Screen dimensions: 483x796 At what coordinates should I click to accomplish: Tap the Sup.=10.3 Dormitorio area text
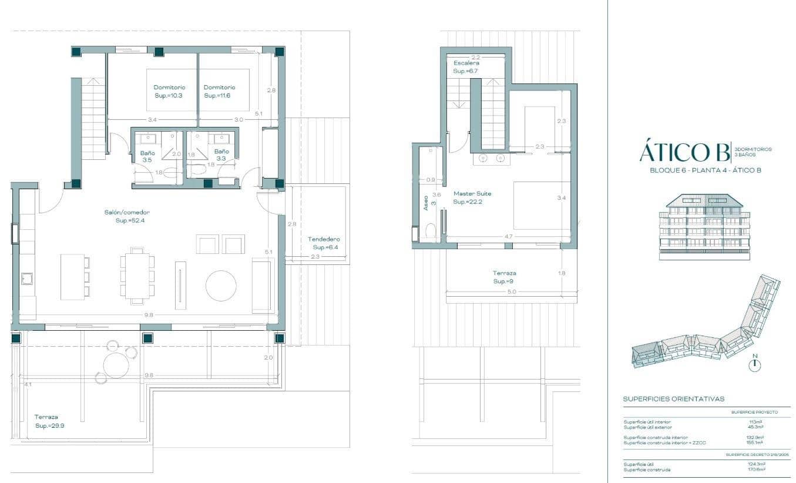tap(169, 95)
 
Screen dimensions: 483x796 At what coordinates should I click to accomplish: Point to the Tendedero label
tap(324, 239)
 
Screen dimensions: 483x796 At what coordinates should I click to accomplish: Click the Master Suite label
tap(472, 193)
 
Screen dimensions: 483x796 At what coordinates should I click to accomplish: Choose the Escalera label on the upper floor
tap(466, 63)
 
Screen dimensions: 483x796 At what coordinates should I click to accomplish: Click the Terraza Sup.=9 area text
tap(504, 281)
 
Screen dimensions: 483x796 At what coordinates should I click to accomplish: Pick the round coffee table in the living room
tap(221, 286)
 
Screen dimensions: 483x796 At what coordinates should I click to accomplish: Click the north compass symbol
tap(755, 364)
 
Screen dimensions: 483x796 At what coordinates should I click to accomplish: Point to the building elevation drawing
tap(704, 226)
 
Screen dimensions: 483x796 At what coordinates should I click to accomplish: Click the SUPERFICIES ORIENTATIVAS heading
tap(673, 399)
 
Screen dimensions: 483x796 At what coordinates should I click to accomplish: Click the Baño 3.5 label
tap(147, 156)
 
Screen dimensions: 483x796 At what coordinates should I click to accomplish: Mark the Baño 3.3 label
tap(221, 155)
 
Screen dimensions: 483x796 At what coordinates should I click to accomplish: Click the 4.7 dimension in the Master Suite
tap(508, 237)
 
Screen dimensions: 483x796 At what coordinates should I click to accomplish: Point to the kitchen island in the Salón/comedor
tap(72, 277)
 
